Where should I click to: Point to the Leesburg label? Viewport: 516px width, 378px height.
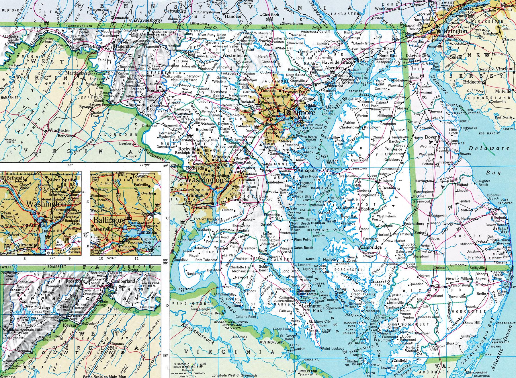pyautogui.click(x=126, y=143)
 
